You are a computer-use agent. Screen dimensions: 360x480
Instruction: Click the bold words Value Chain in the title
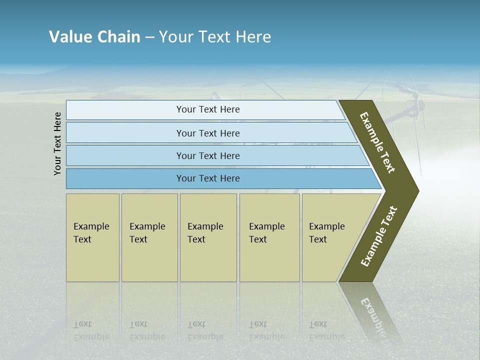[x=94, y=37]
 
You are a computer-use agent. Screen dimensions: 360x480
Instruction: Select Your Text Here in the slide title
[x=215, y=37]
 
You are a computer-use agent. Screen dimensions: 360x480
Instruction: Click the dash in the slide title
[x=149, y=37]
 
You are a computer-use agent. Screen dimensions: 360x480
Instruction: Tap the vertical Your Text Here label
[x=57, y=143]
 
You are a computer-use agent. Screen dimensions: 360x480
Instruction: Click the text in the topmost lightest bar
[x=208, y=109]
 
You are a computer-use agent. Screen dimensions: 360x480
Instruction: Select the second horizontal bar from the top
[x=208, y=133]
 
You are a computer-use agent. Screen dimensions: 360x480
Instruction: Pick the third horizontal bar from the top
[x=208, y=155]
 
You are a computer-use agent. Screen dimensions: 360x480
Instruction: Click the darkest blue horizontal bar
[x=208, y=178]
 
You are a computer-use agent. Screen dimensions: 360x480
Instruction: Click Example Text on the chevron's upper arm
[x=377, y=142]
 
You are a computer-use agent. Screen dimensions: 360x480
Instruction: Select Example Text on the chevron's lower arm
[x=379, y=236]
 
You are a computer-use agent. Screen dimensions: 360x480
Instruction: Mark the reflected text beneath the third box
[x=205, y=330]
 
